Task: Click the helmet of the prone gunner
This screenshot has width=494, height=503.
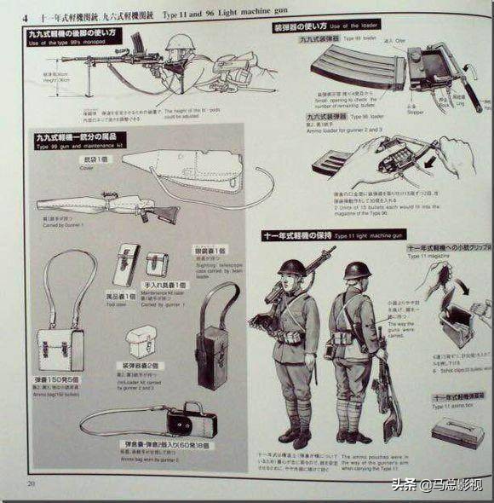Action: tap(181, 43)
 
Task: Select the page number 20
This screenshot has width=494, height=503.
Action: tap(31, 484)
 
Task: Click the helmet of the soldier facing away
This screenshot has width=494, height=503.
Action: tap(357, 271)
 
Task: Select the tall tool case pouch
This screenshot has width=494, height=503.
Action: tap(127, 264)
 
